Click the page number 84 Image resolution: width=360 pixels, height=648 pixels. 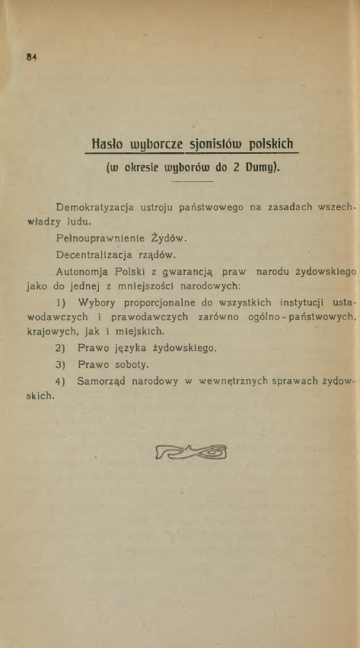click(32, 56)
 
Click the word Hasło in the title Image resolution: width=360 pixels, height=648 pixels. click(106, 144)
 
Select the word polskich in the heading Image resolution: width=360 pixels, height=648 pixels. click(269, 144)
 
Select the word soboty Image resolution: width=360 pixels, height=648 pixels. click(134, 364)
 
